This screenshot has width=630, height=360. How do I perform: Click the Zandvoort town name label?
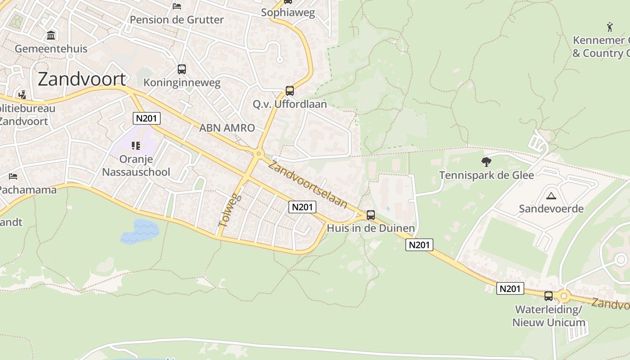pyautogui.click(x=81, y=79)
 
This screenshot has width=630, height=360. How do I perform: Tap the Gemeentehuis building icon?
pyautogui.click(x=51, y=35)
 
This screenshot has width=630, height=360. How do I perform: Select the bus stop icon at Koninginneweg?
pyautogui.click(x=182, y=69)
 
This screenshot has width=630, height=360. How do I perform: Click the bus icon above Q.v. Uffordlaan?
pyautogui.click(x=290, y=91)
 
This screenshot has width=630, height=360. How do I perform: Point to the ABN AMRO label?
pyautogui.click(x=227, y=128)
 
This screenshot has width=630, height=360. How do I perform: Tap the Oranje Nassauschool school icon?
pyautogui.click(x=136, y=145)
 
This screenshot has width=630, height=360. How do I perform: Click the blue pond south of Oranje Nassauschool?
pyautogui.click(x=140, y=231)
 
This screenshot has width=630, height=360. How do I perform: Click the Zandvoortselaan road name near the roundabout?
pyautogui.click(x=308, y=184)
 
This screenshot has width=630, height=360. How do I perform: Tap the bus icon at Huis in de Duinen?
pyautogui.click(x=371, y=215)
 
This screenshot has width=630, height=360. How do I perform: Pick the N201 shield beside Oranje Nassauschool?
pyautogui.click(x=147, y=118)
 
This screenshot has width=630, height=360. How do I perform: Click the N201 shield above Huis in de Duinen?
pyautogui.click(x=302, y=207)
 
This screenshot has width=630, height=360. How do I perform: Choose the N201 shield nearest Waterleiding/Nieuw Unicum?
pyautogui.click(x=510, y=288)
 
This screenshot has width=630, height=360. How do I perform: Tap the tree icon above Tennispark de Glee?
pyautogui.click(x=486, y=162)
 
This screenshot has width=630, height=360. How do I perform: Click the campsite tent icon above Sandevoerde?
pyautogui.click(x=551, y=196)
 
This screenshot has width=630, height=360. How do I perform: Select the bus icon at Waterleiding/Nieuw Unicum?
pyautogui.click(x=549, y=296)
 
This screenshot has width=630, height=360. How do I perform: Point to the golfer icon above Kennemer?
pyautogui.click(x=610, y=27)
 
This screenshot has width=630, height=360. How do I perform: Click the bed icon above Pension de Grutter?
pyautogui.click(x=177, y=6)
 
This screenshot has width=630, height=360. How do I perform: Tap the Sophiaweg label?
pyautogui.click(x=288, y=13)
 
